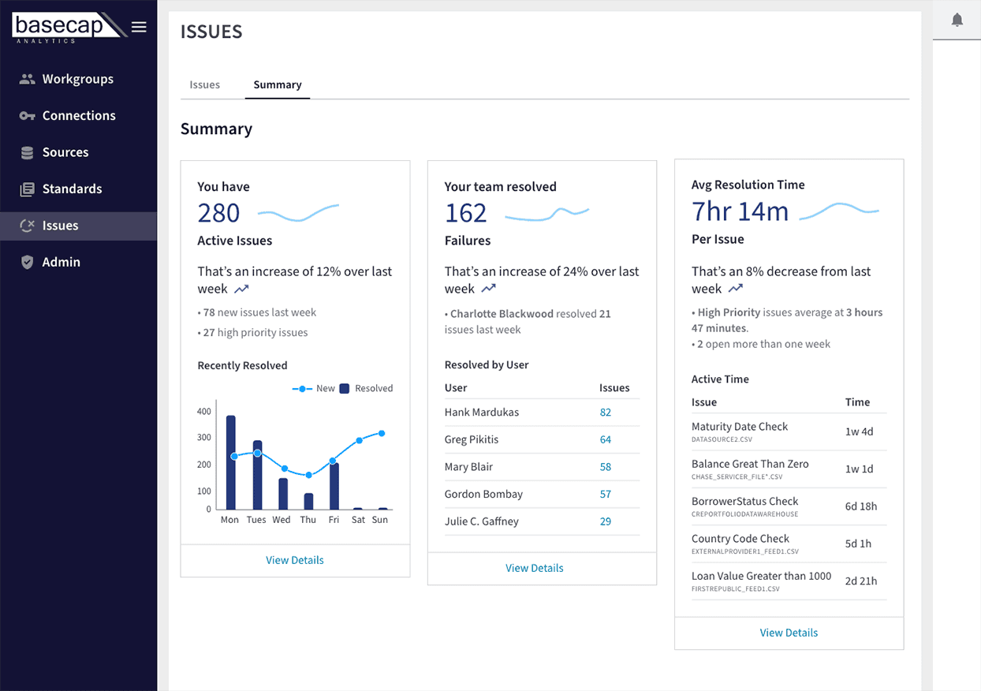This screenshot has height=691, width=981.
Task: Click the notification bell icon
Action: point(957,21)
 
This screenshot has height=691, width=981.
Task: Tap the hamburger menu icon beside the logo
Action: point(139,27)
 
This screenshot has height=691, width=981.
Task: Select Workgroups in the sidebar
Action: point(78,80)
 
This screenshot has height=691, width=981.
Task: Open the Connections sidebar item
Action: point(79,116)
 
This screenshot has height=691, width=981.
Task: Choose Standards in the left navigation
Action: point(73,189)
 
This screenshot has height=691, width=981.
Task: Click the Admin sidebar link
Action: point(62,262)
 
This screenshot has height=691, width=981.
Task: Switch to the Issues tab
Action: point(204,84)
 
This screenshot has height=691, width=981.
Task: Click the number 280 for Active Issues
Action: point(218,214)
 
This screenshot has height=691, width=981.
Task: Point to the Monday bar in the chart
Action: point(231,462)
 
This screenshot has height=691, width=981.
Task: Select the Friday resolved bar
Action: point(334,487)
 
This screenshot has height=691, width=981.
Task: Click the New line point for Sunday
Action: point(382,433)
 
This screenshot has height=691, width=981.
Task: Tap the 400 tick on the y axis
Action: point(204,412)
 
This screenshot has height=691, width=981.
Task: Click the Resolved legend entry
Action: point(367,388)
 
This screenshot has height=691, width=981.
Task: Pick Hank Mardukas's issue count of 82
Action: point(606,413)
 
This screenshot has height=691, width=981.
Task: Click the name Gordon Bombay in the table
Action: point(483,495)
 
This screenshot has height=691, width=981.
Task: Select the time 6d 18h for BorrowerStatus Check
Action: point(861,506)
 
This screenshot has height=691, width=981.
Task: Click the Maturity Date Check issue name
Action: point(739,427)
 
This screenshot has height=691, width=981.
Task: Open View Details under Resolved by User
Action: point(535,568)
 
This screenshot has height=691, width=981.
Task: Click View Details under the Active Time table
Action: point(789,633)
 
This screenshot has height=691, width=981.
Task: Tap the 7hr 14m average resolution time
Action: point(740,211)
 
